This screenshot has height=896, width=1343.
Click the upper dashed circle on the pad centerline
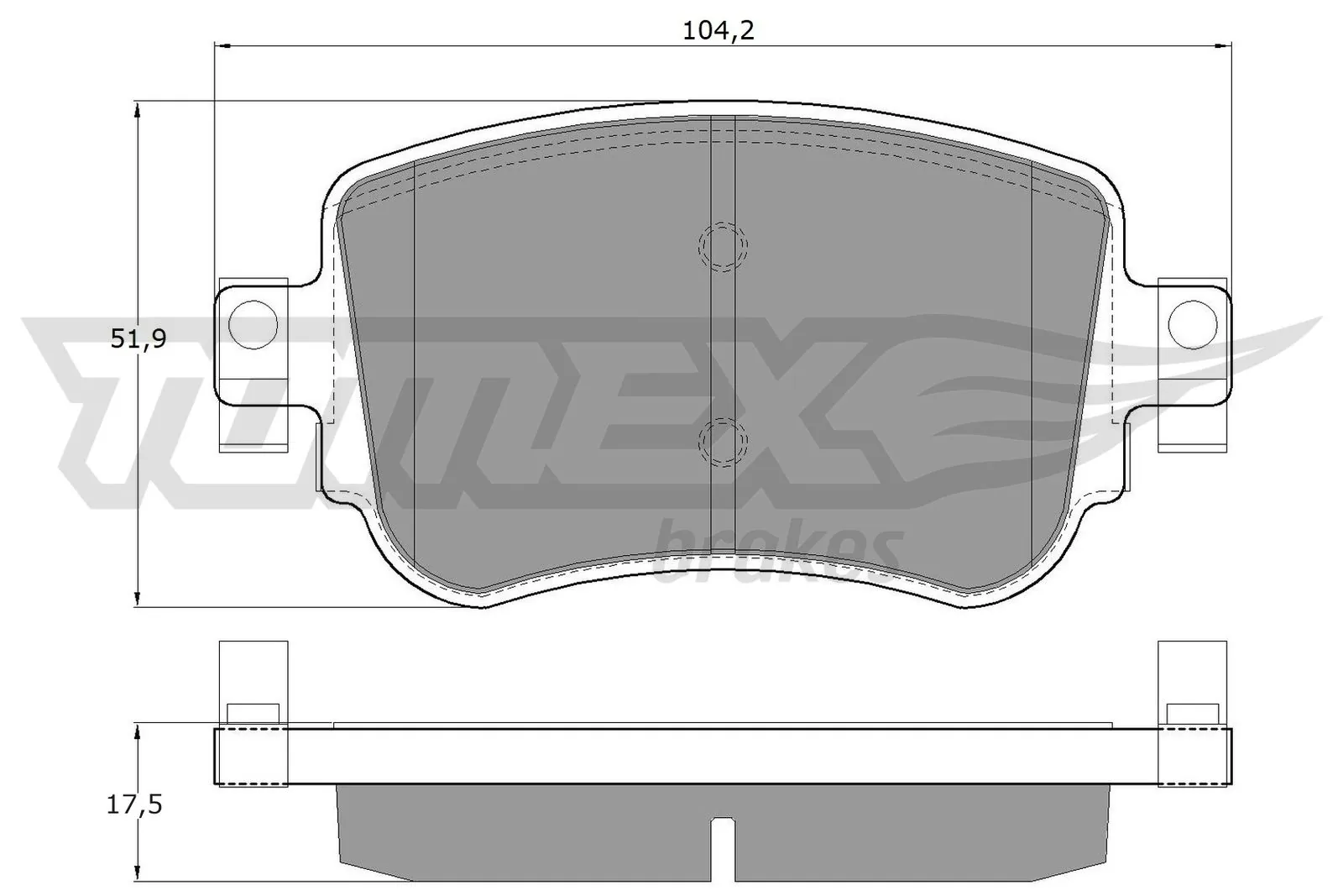[x=723, y=246]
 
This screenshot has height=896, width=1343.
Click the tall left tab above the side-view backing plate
[x=253, y=672]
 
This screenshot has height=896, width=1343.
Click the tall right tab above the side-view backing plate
[x=1193, y=672]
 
